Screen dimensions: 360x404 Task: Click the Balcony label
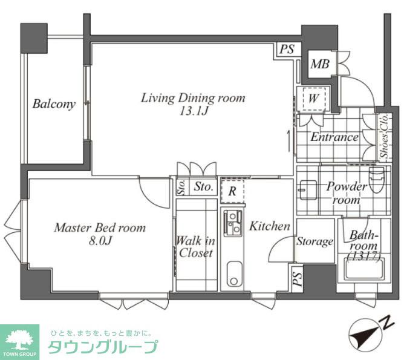(54, 104)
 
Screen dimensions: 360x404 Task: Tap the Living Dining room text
(193, 97)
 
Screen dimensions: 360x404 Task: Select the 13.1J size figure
(193, 112)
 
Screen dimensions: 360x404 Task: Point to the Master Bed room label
(100, 228)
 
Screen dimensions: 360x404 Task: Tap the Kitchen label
(270, 226)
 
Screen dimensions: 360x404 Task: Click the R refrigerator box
(232, 190)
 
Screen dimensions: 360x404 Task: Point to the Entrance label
(334, 137)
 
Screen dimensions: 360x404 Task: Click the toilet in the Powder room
(376, 181)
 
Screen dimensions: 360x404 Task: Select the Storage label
(314, 242)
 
